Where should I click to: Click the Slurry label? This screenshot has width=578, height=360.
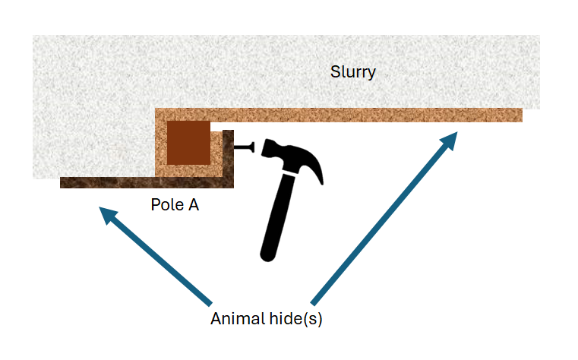pyautogui.click(x=353, y=73)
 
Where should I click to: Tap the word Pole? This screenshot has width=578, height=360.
pyautogui.click(x=165, y=204)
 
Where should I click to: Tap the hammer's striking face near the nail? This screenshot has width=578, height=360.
pyautogui.click(x=265, y=148)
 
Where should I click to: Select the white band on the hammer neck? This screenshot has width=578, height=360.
pyautogui.click(x=291, y=173)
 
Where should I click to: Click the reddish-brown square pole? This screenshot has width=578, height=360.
pyautogui.click(x=188, y=143)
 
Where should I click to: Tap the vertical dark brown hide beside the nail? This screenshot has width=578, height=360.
pyautogui.click(x=228, y=156)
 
